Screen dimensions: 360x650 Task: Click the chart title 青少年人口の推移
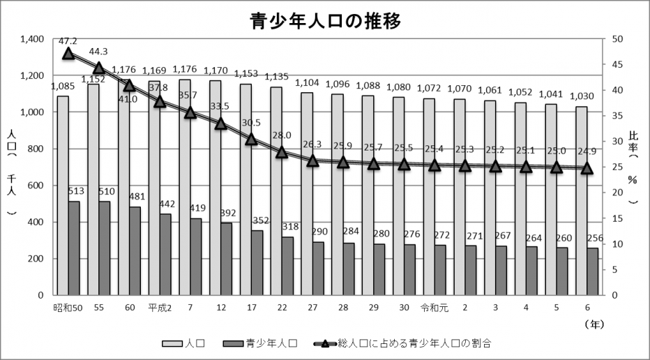point(325,20)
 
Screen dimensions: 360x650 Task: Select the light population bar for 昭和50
point(63,195)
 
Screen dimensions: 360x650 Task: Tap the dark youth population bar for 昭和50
point(74,248)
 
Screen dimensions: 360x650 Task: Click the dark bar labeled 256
point(592,271)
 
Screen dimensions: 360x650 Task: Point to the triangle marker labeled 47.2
point(68,54)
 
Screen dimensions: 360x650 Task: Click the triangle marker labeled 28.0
point(282,152)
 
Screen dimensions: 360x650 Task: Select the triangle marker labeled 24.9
point(587,168)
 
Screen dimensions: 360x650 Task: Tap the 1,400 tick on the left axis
point(32,39)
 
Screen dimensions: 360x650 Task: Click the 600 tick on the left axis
point(36,186)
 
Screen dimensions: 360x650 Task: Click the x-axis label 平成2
point(160,307)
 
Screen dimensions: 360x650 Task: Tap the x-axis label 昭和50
point(68,307)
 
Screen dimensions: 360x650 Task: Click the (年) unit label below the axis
point(595,324)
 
